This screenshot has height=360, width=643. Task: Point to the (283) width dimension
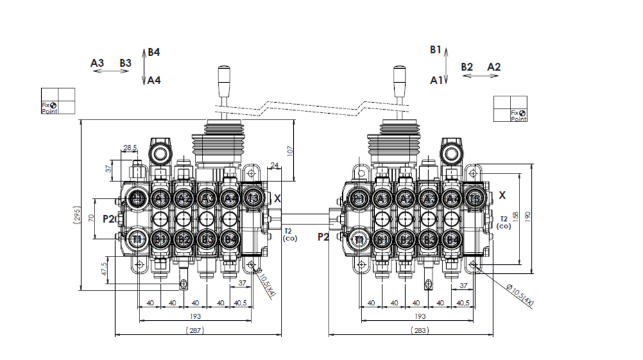tap(419, 330)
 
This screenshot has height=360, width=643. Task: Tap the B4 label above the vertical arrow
tap(154, 52)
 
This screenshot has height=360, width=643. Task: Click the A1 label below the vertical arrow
tap(436, 80)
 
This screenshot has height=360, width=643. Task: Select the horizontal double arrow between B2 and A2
tap(480, 76)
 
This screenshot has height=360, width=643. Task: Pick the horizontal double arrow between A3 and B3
tap(111, 71)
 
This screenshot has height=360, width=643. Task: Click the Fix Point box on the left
tap(59, 101)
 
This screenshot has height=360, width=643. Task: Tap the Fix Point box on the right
tap(510, 109)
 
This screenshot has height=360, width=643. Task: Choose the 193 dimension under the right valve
tap(419, 316)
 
